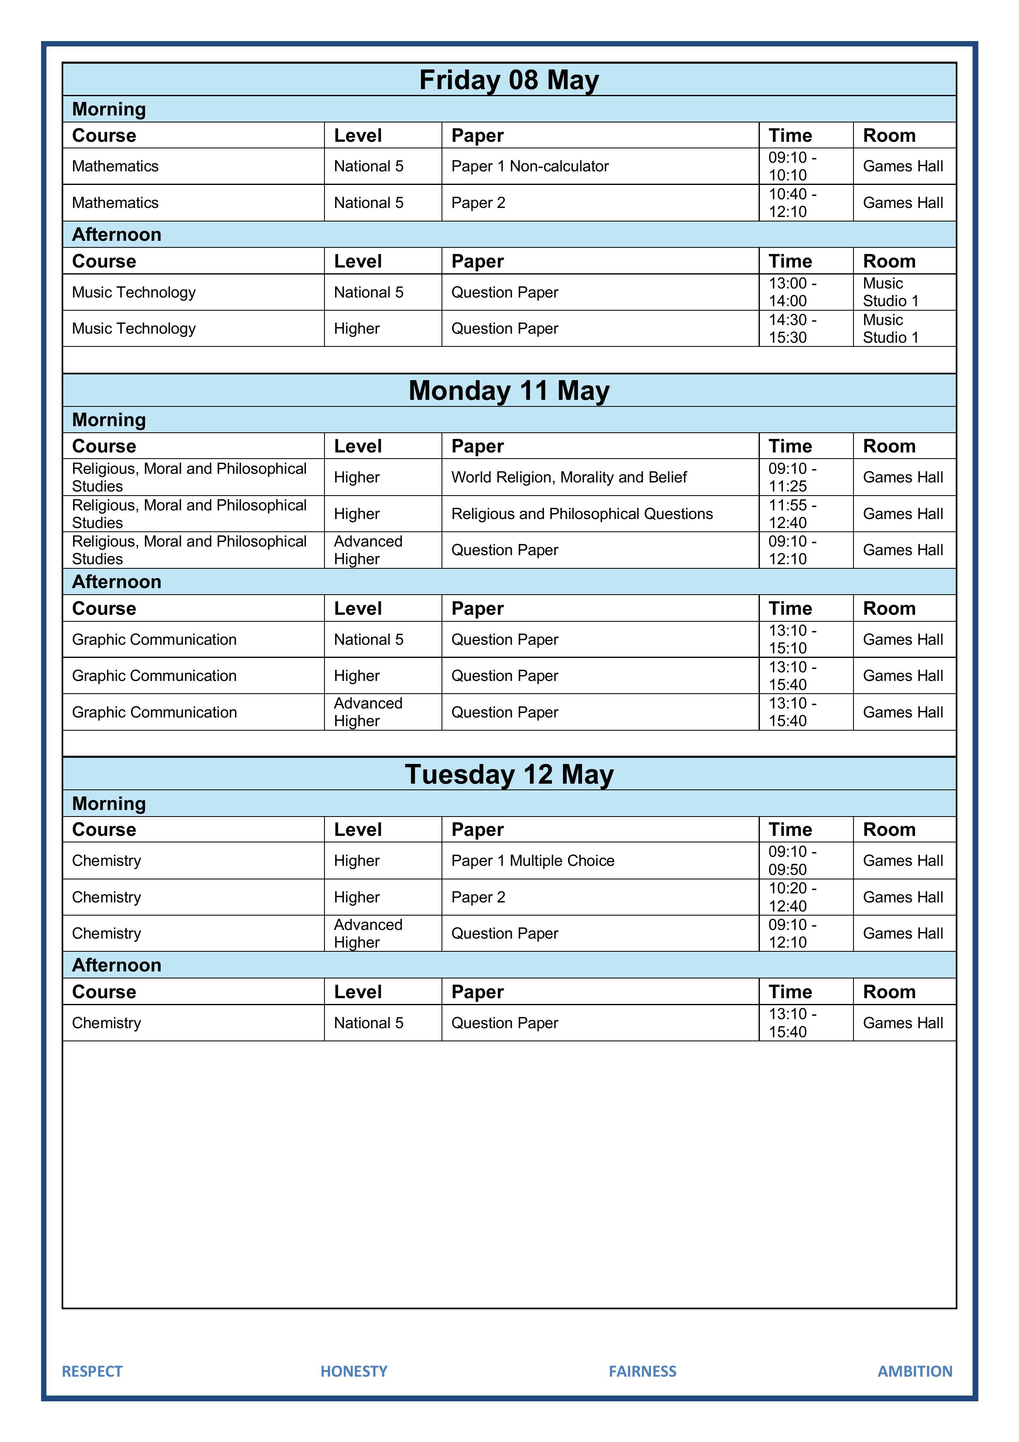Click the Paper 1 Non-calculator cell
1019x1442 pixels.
[530, 166]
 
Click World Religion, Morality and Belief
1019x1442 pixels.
[569, 478]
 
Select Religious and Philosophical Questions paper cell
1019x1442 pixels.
[582, 514]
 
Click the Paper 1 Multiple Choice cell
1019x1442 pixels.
[532, 861]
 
